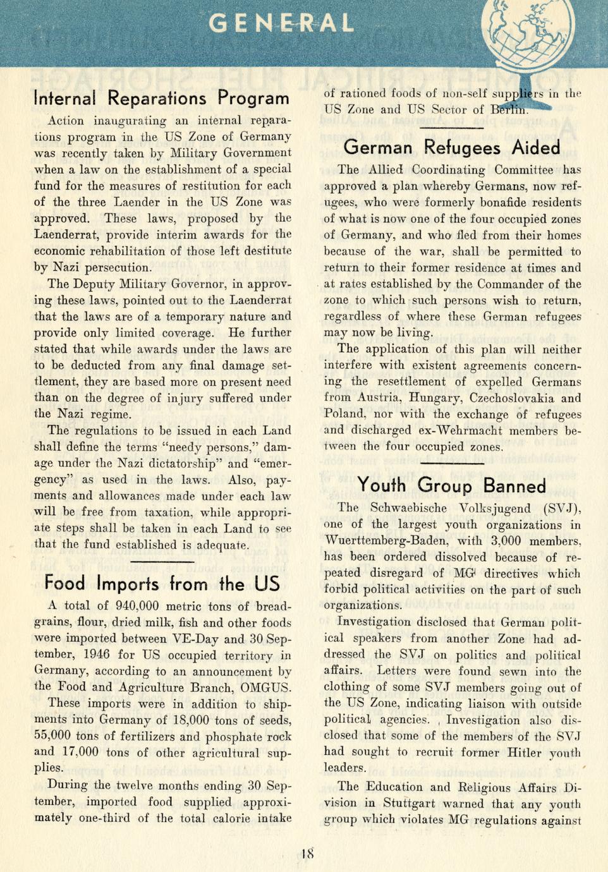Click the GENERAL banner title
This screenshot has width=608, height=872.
coord(281,23)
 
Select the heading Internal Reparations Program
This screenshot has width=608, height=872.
coord(161,99)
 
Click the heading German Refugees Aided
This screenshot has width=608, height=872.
coord(452,148)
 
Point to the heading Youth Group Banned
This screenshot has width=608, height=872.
coord(451,485)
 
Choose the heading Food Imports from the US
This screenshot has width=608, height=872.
coord(162,583)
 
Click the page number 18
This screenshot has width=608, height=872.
coord(308,854)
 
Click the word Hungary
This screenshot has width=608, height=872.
coord(435,398)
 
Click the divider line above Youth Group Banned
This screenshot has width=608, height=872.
coord(452,464)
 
